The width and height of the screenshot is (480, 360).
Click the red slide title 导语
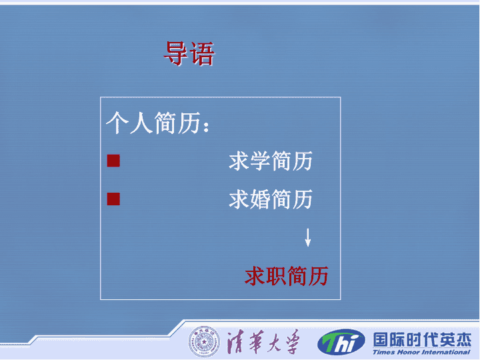coord(189,54)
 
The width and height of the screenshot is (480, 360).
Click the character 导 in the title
coord(176,54)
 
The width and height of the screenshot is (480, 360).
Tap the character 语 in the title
coord(202,54)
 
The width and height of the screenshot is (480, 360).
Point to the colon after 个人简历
coord(206,126)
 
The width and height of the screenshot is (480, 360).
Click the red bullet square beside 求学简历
coord(113,161)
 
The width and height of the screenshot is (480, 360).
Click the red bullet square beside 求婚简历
coord(113,199)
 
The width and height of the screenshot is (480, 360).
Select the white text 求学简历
coord(271,161)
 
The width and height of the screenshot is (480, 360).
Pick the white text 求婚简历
coord(271,199)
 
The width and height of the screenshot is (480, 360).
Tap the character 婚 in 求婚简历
coord(260,199)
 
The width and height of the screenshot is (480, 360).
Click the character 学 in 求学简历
coord(260,161)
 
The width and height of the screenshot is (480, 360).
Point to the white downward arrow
coord(308,237)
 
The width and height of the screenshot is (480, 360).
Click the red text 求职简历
coord(287,276)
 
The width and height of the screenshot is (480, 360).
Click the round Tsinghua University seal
coord(204,341)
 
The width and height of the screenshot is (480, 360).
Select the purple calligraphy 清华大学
coord(263,341)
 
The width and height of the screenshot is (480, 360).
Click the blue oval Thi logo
coord(341,342)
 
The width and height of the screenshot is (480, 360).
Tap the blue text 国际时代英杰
coord(422,339)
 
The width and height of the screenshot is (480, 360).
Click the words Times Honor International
coord(421,352)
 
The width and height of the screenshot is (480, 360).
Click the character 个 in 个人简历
coord(117,123)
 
